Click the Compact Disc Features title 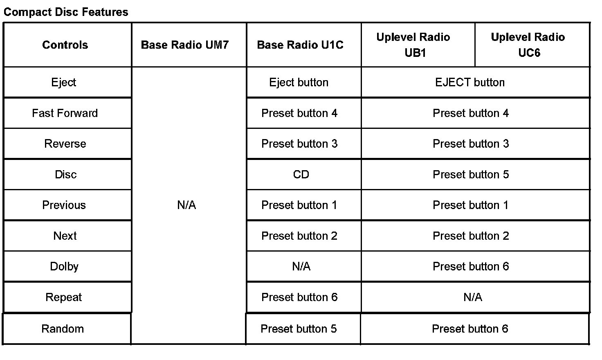[66, 12]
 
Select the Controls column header [65, 45]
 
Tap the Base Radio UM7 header [185, 45]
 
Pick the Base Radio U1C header [300, 45]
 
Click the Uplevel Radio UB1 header [413, 45]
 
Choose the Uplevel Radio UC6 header [528, 45]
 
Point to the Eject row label [64, 82]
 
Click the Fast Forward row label [65, 113]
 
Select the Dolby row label [64, 267]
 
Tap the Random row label [63, 329]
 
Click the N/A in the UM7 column [186, 205]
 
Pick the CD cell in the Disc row [301, 175]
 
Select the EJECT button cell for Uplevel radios [470, 82]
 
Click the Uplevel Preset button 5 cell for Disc [471, 175]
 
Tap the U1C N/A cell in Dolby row [301, 267]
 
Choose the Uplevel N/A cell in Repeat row [473, 297]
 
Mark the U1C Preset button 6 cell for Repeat [299, 297]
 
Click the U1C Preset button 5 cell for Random [299, 329]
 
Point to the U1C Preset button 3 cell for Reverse [299, 144]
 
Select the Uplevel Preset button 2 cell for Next [471, 236]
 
